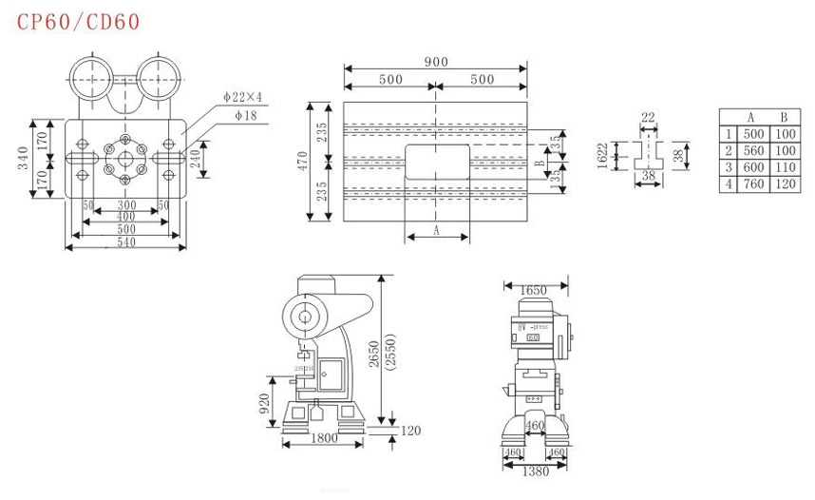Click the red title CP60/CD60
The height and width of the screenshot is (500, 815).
[x=79, y=21]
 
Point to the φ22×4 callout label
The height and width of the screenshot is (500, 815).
[x=243, y=96]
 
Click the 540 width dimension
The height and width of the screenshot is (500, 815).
[x=125, y=242]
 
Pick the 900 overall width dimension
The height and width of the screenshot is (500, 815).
[x=436, y=62]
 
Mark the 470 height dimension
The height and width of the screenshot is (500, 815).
[x=307, y=160]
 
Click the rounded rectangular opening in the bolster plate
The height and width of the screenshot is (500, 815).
[x=436, y=162]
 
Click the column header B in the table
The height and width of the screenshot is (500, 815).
[x=785, y=117]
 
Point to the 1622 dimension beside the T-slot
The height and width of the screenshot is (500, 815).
[x=602, y=155]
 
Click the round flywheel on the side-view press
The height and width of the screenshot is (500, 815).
[x=304, y=317]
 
